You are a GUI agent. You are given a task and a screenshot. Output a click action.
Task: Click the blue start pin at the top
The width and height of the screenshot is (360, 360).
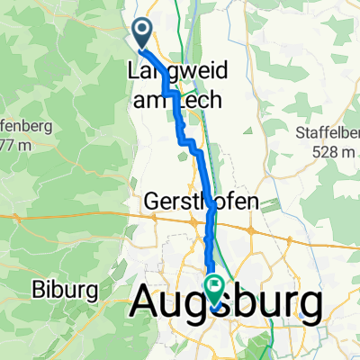(143, 34)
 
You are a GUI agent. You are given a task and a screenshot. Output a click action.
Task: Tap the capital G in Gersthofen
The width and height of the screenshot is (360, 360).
(152, 203)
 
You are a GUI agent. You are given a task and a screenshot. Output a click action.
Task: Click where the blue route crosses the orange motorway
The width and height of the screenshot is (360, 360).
(210, 217)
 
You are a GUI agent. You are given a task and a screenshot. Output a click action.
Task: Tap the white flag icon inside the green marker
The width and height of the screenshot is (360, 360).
(216, 287)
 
